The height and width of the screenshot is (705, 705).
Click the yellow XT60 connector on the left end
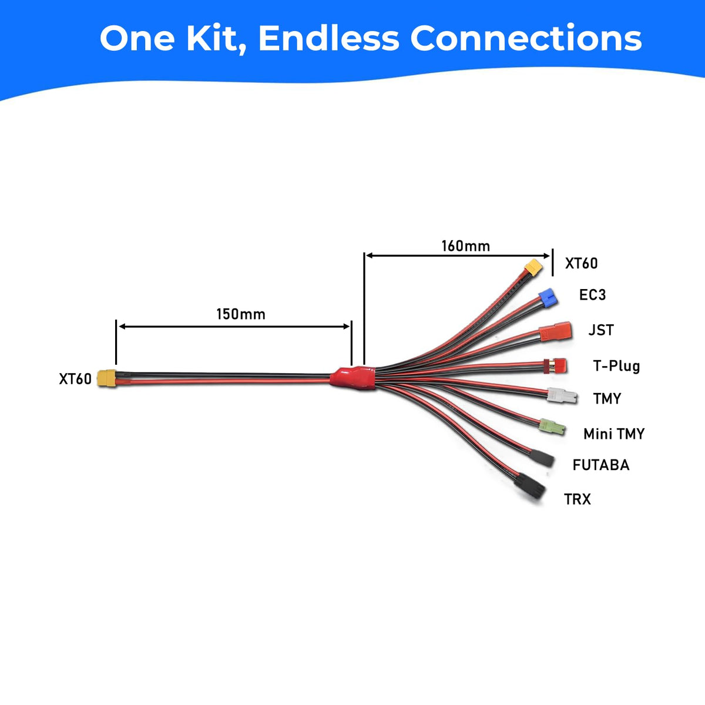(106, 378)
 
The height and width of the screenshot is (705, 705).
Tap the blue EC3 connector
(548, 298)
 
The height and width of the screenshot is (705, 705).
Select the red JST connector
(556, 331)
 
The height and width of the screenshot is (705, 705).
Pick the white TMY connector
(562, 396)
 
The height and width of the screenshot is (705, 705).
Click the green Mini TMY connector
(552, 427)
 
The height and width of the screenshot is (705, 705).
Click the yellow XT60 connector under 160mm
(534, 268)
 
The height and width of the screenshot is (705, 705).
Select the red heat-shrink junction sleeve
(352, 377)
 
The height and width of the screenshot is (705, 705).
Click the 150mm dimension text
(241, 314)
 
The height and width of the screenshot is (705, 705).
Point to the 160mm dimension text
(466, 246)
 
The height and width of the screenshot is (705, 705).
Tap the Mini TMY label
(614, 434)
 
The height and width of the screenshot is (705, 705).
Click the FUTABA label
(601, 465)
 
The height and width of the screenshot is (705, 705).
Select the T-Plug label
(616, 366)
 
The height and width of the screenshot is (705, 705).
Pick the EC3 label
(592, 294)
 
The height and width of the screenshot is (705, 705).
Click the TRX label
(578, 499)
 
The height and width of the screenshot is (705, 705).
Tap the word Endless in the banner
(328, 38)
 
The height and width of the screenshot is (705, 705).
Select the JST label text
(601, 330)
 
